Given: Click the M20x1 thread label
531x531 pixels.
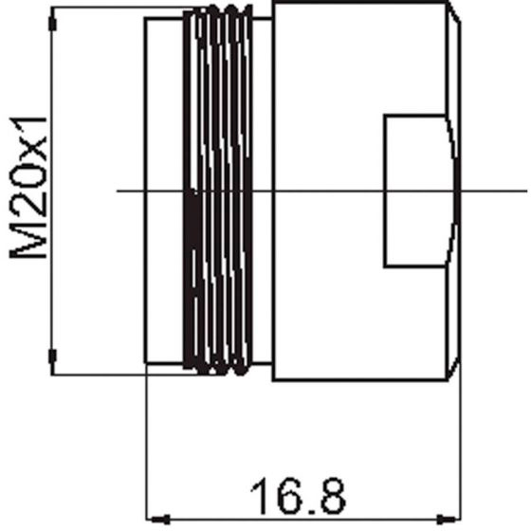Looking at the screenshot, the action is point(28,188).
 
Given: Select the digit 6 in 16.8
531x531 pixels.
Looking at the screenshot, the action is point(289,496).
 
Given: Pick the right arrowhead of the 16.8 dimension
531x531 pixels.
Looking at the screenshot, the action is point(448,519).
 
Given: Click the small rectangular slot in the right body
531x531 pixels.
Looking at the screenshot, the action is point(420,192).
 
